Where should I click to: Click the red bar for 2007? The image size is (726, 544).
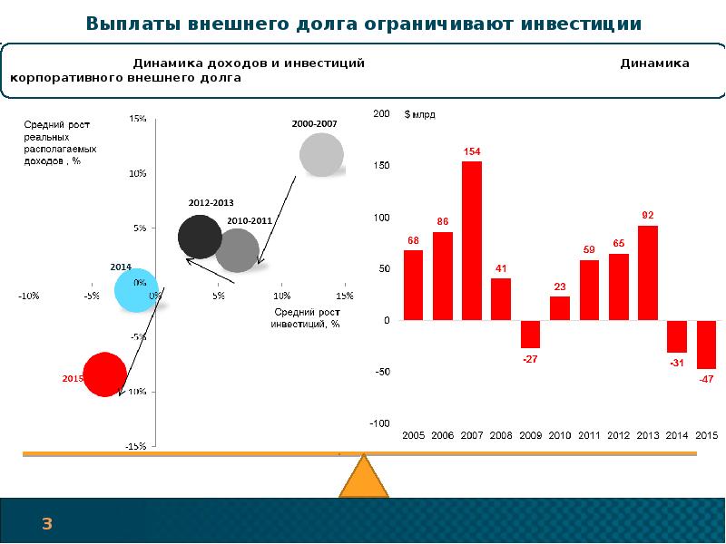472,240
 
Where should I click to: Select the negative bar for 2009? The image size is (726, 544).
530,334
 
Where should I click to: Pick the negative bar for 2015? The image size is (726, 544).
706,345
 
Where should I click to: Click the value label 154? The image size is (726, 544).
472,152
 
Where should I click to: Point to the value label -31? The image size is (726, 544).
677,363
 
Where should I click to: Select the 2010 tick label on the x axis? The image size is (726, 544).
560,436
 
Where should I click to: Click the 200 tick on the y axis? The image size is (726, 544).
381,114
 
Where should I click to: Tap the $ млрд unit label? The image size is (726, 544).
420,115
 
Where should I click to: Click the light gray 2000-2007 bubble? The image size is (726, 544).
322,154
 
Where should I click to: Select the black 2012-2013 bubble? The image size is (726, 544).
200,238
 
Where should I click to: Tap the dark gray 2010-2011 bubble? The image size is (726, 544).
238,251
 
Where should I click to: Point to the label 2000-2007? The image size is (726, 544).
314,122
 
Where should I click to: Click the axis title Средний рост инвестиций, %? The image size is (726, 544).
306,317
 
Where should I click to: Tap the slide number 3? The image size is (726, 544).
46,523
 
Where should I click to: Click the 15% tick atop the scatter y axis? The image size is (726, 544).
139,119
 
